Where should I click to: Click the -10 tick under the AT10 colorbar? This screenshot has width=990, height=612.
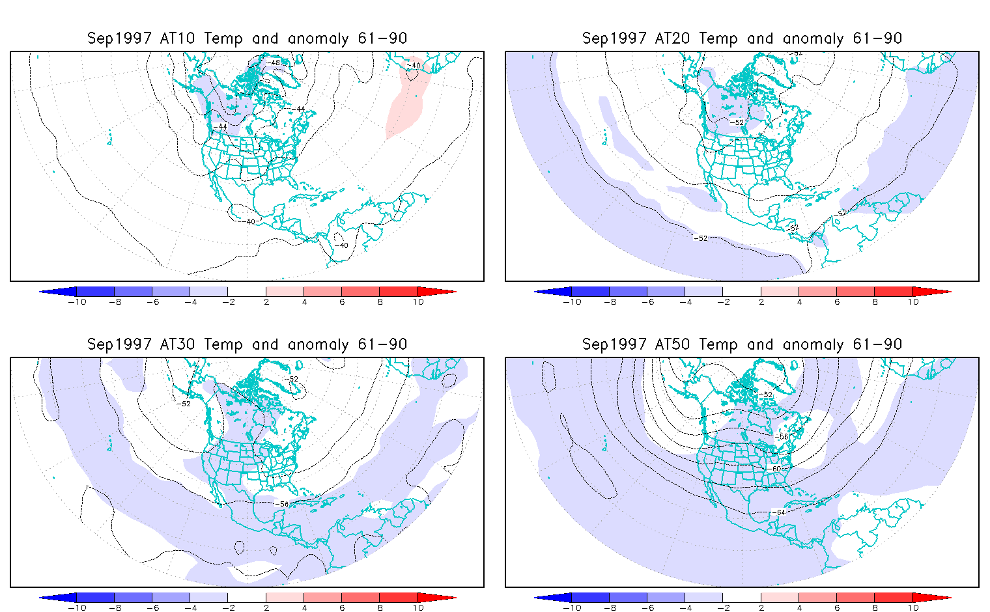tap(77, 301)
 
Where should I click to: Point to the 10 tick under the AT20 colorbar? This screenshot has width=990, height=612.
tap(913, 301)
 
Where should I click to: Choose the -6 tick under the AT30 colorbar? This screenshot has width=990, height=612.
tap(152, 607)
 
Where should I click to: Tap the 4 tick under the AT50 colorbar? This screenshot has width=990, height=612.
tap(799, 607)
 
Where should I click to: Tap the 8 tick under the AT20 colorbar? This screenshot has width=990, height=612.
tap(875, 301)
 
